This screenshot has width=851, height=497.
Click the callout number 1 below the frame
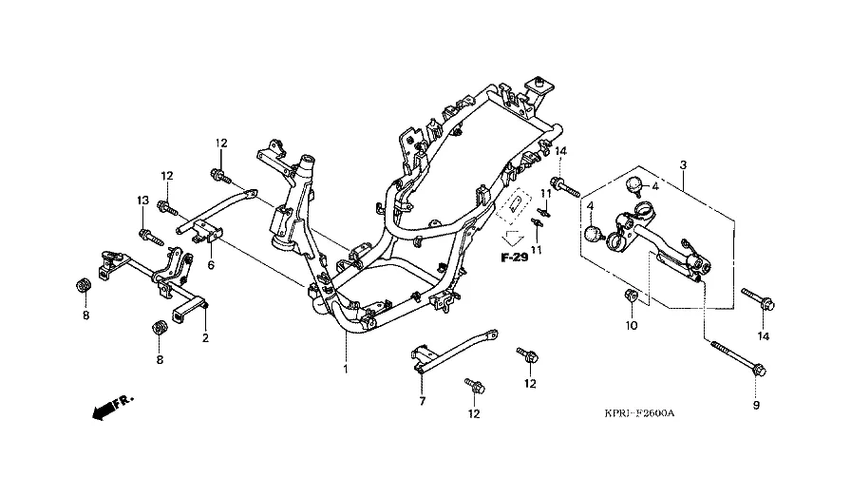[345, 370]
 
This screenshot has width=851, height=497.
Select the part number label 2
[205, 338]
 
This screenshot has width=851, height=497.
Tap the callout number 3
[683, 164]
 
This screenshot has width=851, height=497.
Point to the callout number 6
[211, 265]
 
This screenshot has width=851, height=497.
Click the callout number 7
[423, 401]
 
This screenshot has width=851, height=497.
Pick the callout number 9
[757, 405]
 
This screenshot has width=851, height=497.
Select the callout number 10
[632, 325]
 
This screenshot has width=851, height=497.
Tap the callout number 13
[142, 201]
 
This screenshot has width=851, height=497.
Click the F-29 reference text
[514, 258]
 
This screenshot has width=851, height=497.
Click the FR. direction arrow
[112, 407]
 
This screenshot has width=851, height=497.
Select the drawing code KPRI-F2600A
[640, 413]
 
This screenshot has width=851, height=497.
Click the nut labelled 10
[630, 296]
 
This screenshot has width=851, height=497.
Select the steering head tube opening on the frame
[307, 162]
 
